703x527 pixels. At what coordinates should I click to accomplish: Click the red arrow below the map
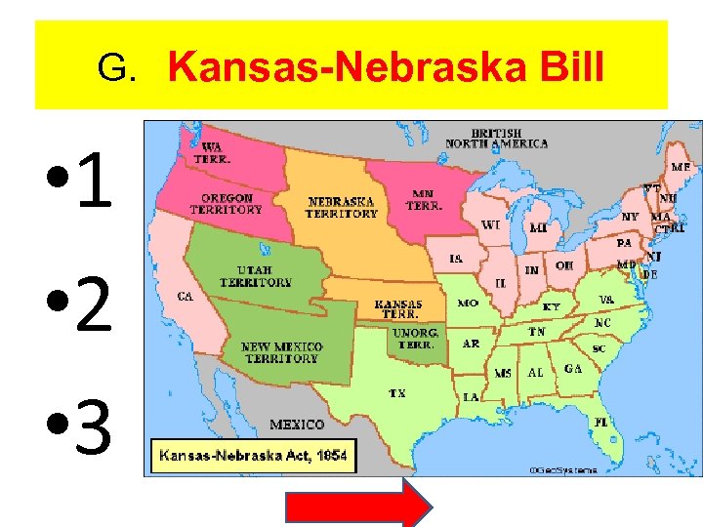[356, 505]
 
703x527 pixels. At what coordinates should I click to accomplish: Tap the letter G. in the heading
[116, 69]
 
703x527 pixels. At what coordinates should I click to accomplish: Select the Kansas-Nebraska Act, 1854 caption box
[253, 456]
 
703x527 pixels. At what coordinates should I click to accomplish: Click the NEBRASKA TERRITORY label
[342, 207]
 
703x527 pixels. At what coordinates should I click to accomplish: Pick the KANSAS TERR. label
[398, 309]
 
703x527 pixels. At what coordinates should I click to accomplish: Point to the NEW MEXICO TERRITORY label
[282, 352]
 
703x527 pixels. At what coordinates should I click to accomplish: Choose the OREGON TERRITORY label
[226, 203]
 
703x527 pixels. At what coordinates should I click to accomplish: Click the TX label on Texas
[397, 393]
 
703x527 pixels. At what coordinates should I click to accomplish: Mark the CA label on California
[184, 295]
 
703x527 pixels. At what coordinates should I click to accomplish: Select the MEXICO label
[297, 425]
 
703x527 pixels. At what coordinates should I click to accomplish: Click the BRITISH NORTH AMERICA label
[496, 138]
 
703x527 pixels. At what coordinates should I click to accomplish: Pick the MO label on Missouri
[468, 304]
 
